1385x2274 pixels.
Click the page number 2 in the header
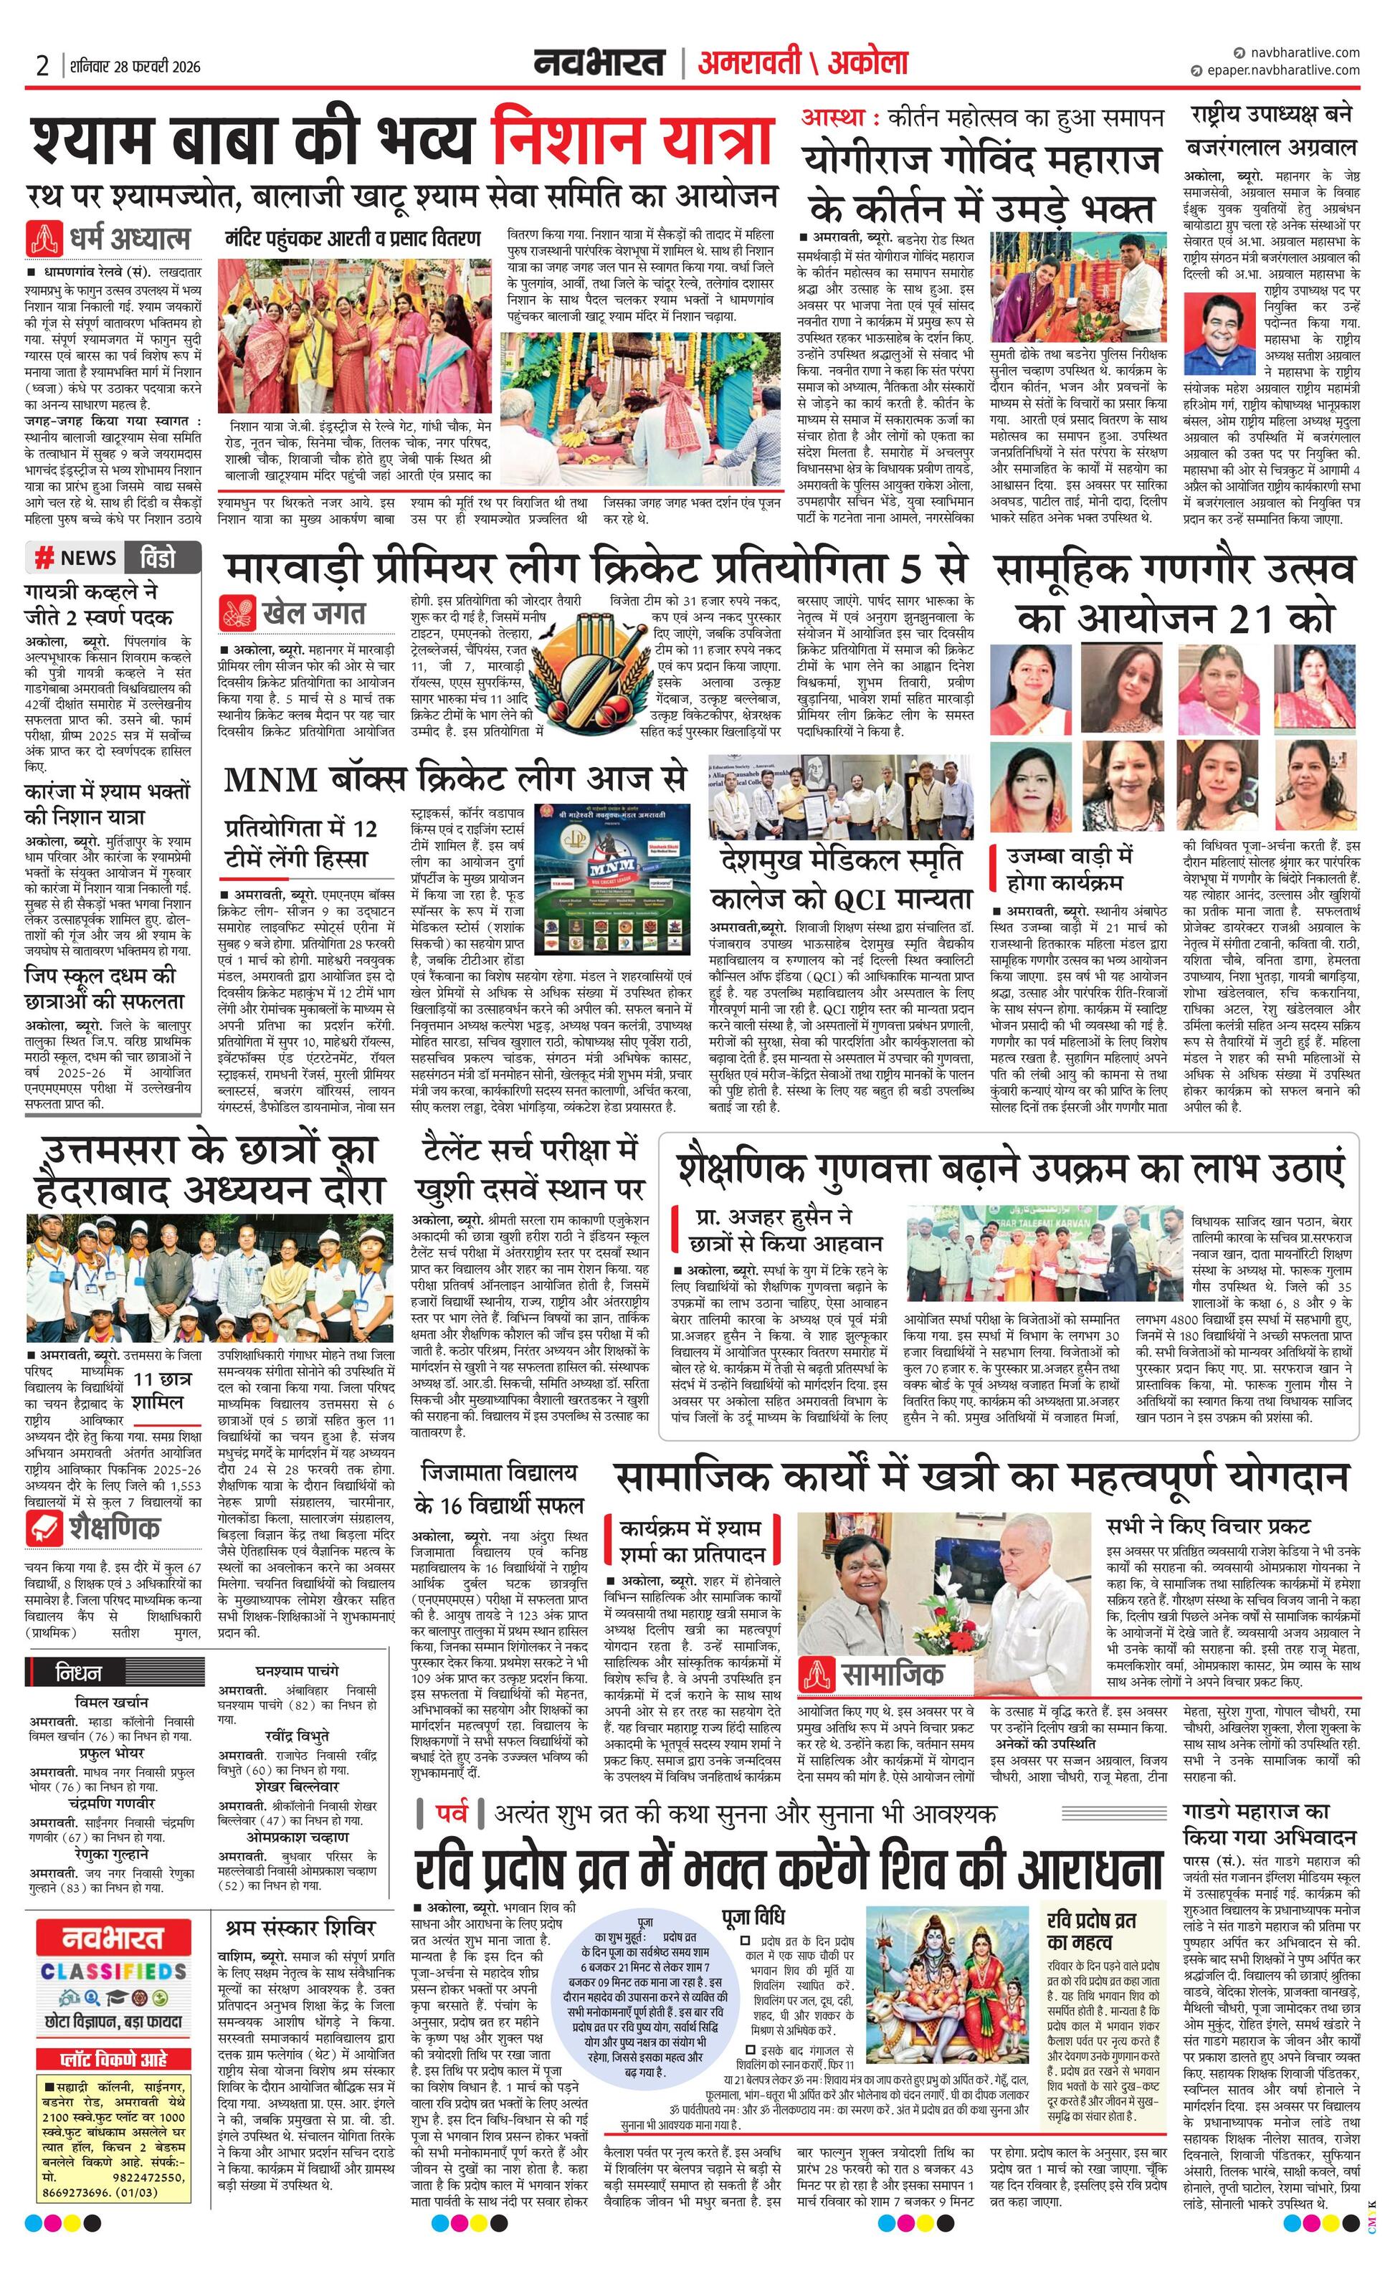[x=42, y=65]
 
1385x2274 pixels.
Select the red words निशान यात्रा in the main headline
[x=632, y=139]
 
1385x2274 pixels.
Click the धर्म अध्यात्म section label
[x=110, y=238]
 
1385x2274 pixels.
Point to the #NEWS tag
[x=77, y=558]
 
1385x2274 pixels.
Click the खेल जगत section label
[x=292, y=613]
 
